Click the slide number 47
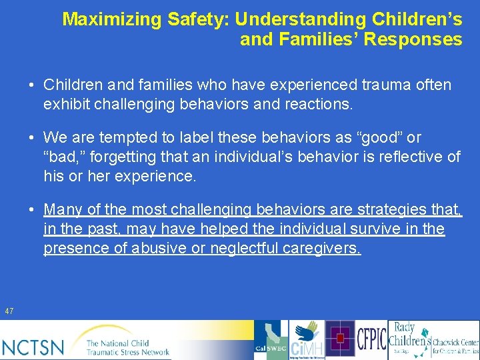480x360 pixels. pos(9,311)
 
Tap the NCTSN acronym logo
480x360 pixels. pos(33,347)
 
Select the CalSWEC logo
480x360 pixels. pos(271,340)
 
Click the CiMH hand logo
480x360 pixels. pos(307,340)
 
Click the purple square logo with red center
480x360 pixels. pos(340,339)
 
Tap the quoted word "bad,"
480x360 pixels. pos(63,157)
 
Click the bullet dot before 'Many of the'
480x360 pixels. pos(32,209)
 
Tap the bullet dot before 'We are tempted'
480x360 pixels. pos(32,137)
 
